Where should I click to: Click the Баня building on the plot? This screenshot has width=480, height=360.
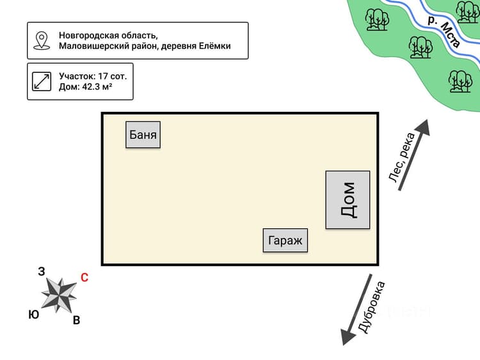tap(143, 135)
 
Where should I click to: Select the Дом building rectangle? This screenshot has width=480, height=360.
tap(348, 200)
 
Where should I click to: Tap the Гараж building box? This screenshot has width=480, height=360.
tap(285, 240)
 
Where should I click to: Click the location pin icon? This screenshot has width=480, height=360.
tap(42, 40)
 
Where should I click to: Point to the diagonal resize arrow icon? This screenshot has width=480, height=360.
tap(42, 81)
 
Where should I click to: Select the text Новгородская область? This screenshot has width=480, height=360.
tap(108, 35)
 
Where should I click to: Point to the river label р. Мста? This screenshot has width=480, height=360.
tap(445, 31)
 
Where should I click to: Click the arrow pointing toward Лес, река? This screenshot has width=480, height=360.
tap(414, 155)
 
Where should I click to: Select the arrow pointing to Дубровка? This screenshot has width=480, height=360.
tap(356, 309)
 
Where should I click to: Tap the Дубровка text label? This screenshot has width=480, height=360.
tap(371, 307)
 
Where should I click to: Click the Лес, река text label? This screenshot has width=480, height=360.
tap(402, 157)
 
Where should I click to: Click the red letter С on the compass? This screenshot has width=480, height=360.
tap(84, 278)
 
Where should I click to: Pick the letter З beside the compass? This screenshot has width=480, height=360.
tap(42, 271)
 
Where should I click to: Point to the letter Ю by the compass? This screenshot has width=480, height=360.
tap(34, 315)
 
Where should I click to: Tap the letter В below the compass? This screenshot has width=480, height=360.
tap(77, 320)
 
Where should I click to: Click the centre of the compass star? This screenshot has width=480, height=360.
tap(59, 295)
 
